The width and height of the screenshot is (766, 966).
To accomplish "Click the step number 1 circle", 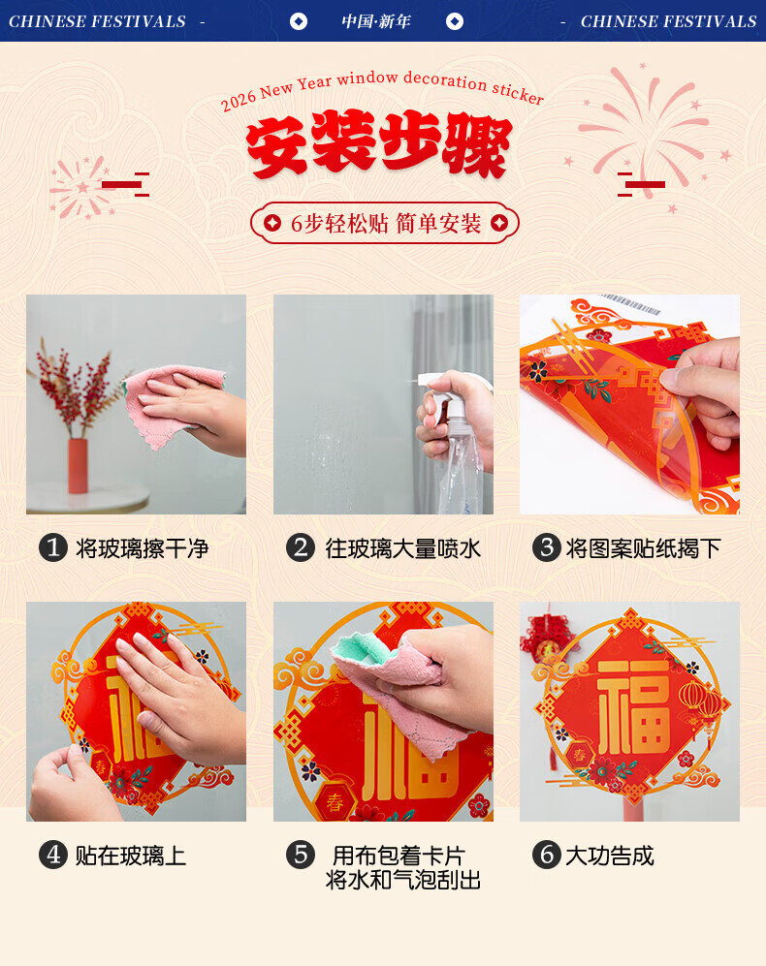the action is [53, 547].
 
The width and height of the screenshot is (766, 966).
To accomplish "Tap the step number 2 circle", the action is [301, 547].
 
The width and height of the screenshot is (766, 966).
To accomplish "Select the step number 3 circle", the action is [547, 547].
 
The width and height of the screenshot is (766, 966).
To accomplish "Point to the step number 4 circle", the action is [53, 855].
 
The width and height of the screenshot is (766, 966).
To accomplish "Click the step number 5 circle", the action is [301, 855].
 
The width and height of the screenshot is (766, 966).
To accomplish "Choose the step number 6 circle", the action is [547, 855].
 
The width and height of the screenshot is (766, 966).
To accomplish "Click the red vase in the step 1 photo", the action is [78, 466].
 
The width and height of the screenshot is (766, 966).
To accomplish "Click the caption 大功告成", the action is [609, 856].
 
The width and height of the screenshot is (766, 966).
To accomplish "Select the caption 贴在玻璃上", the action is [131, 856].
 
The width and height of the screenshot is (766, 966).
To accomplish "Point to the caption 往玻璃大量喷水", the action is [402, 548].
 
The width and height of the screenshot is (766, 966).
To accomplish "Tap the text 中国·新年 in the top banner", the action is [376, 21].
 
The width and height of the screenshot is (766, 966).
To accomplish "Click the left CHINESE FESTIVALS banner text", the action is [97, 21].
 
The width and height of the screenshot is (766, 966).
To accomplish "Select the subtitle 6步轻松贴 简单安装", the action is [386, 223].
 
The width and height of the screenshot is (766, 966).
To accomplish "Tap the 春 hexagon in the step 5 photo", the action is [335, 801].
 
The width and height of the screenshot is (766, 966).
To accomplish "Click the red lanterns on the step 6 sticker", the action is [701, 702].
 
